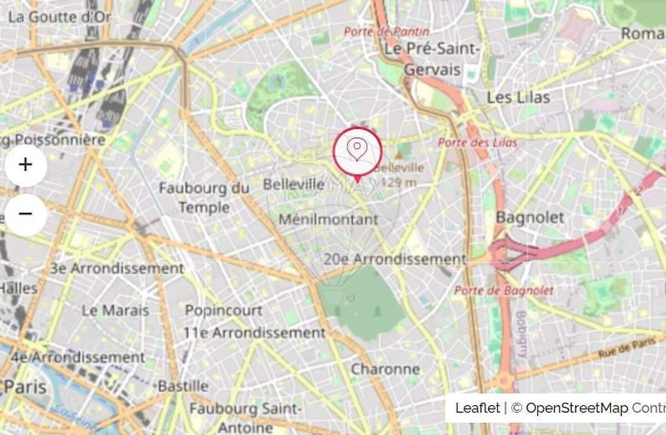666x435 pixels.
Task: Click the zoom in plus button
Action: pyautogui.click(x=26, y=165)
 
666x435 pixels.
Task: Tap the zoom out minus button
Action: pyautogui.click(x=26, y=214)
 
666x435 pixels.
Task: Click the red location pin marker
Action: pyautogui.click(x=357, y=151)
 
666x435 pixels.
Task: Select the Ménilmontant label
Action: pyautogui.click(x=328, y=219)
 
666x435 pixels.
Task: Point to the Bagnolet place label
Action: pyautogui.click(x=529, y=217)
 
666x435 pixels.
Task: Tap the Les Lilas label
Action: pyautogui.click(x=518, y=98)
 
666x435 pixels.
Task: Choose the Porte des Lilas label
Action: pyautogui.click(x=477, y=142)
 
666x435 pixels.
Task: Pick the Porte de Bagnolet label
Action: pyautogui.click(x=504, y=290)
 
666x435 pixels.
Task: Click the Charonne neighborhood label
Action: pyautogui.click(x=385, y=369)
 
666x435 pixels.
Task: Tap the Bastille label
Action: pyautogui.click(x=183, y=386)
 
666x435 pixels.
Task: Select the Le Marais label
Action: pyautogui.click(x=115, y=310)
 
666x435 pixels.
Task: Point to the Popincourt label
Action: pyautogui.click(x=224, y=310)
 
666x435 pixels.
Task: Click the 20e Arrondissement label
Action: pyautogui.click(x=395, y=259)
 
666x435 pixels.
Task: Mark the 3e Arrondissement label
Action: pyautogui.click(x=117, y=269)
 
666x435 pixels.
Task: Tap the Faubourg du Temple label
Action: pyautogui.click(x=204, y=198)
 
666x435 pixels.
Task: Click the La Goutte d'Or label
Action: pyautogui.click(x=60, y=17)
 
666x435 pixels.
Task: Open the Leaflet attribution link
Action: pyautogui.click(x=477, y=408)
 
